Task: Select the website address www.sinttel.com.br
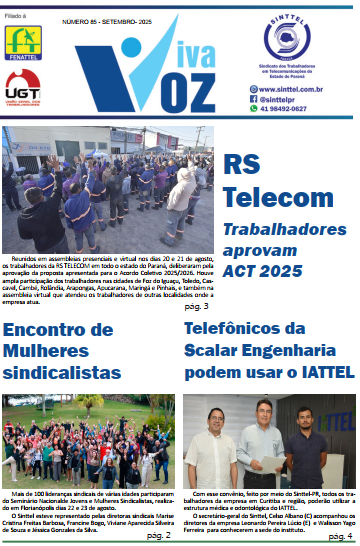pos(308,88)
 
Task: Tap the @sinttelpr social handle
pos(298,100)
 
